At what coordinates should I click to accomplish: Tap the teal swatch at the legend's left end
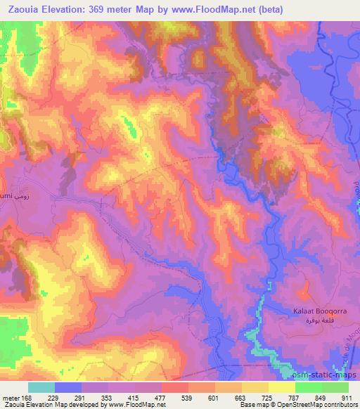41,387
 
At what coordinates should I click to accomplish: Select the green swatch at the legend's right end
335,387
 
